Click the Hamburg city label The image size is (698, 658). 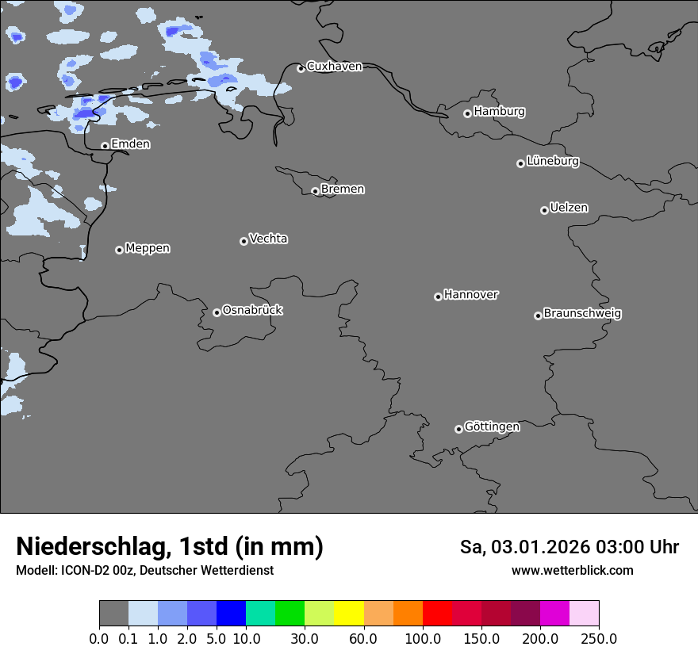point(499,112)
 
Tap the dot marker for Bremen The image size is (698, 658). point(315,191)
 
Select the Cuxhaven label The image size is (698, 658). point(334,67)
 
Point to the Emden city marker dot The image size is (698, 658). point(105,146)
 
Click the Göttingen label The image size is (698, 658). point(492,427)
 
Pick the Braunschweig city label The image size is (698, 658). point(582,313)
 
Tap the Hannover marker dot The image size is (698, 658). point(438,296)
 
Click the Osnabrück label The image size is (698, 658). point(252,310)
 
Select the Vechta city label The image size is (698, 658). point(268,239)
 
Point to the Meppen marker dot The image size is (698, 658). point(119,250)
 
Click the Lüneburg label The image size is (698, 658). point(552,161)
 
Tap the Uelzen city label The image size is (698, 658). point(569,208)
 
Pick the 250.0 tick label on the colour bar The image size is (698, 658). point(599,638)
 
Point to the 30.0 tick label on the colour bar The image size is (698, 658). point(305,638)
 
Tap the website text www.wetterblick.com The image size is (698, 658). point(572,570)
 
